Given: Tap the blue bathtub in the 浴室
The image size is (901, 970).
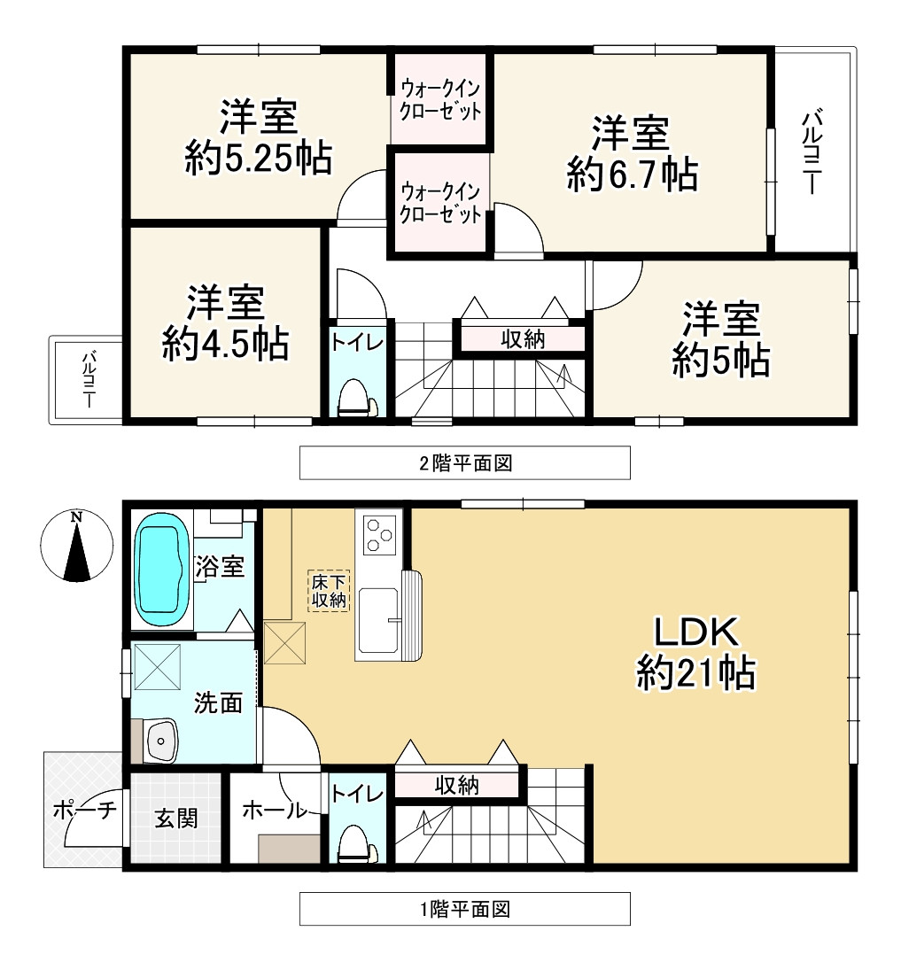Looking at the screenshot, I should [161, 575].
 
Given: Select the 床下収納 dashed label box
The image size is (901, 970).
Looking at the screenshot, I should [329, 591].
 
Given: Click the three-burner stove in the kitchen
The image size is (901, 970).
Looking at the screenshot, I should [379, 532].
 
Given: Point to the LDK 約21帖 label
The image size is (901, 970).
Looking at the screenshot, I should [695, 654].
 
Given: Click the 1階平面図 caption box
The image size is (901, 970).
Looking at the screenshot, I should [464, 909].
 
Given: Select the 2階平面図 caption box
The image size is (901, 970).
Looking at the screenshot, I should [464, 462].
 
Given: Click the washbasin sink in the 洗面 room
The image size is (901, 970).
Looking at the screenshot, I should [160, 738].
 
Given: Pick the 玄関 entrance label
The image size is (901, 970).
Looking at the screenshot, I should [175, 818].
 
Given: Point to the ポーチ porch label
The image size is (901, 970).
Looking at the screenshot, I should [84, 810].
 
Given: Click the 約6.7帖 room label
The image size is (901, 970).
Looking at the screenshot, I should [631, 154].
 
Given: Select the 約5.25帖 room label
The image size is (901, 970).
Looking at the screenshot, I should [259, 138].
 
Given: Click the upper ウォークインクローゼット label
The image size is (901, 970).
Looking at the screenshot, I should [440, 99].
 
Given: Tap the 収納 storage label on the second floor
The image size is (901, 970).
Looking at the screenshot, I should [523, 338].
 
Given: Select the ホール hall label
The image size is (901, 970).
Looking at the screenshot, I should [274, 810].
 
